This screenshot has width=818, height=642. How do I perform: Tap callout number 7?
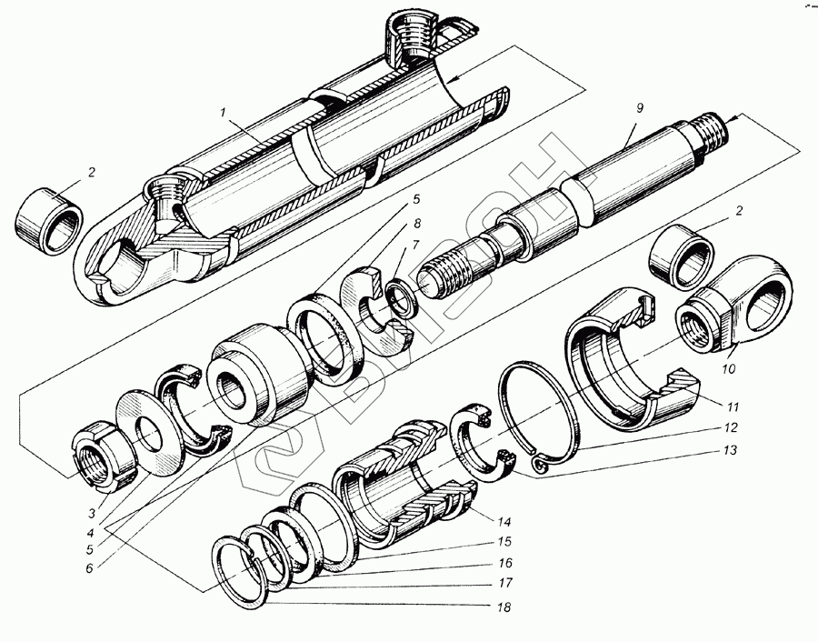(414, 245)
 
